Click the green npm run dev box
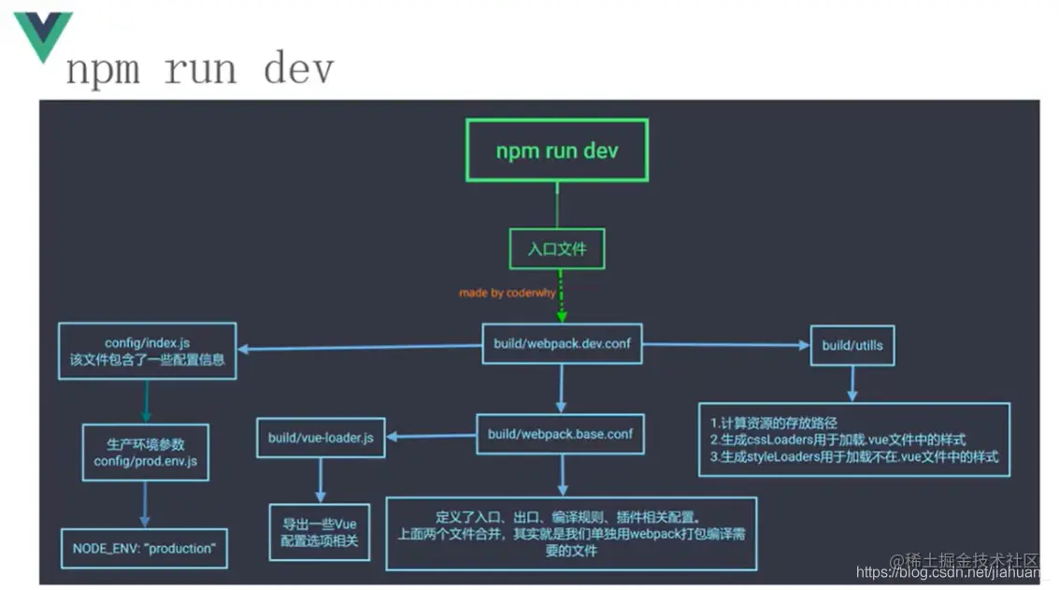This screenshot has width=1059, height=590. point(556,150)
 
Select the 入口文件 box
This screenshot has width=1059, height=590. point(557,250)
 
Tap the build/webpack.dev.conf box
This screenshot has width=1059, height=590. point(562,344)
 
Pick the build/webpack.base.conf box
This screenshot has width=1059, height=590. point(562,434)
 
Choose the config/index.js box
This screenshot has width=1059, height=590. point(147,351)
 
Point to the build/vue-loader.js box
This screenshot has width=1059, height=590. point(321,437)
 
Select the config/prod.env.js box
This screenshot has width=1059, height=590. point(145,453)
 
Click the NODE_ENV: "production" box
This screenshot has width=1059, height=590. point(144,549)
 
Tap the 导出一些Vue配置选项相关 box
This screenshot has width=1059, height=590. point(319,532)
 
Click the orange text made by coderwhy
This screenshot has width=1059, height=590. point(507,293)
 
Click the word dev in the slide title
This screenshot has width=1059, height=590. point(298,70)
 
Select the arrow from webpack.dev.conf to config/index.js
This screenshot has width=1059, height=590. point(360,348)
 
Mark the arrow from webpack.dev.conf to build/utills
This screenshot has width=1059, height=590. point(725,345)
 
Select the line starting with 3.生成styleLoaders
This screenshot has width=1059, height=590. point(853,456)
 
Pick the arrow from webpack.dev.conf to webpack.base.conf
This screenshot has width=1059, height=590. point(561,388)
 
